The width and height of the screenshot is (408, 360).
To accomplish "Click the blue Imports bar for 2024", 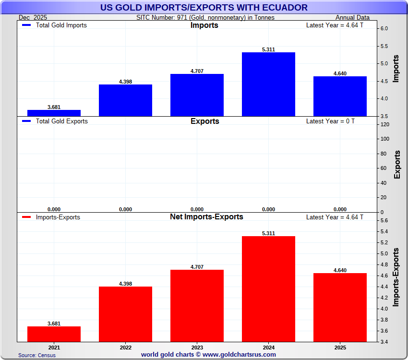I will click(268, 84).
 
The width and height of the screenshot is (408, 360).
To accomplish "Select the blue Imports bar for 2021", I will click(54, 113).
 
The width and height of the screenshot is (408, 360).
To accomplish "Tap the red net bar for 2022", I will click(125, 314).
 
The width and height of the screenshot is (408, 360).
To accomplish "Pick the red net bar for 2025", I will click(340, 307).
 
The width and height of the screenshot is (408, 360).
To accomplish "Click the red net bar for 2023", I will click(197, 306).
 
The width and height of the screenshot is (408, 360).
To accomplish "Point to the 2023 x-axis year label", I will click(197, 347).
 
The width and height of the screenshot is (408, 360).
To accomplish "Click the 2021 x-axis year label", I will click(54, 347).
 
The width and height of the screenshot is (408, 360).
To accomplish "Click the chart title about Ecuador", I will click(204, 7).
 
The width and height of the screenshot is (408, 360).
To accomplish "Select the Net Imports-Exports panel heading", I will click(206, 217).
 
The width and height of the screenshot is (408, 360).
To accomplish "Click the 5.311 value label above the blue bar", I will click(268, 49).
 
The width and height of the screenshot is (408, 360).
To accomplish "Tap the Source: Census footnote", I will click(37, 355).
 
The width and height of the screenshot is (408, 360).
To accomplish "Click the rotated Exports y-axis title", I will click(397, 165).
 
